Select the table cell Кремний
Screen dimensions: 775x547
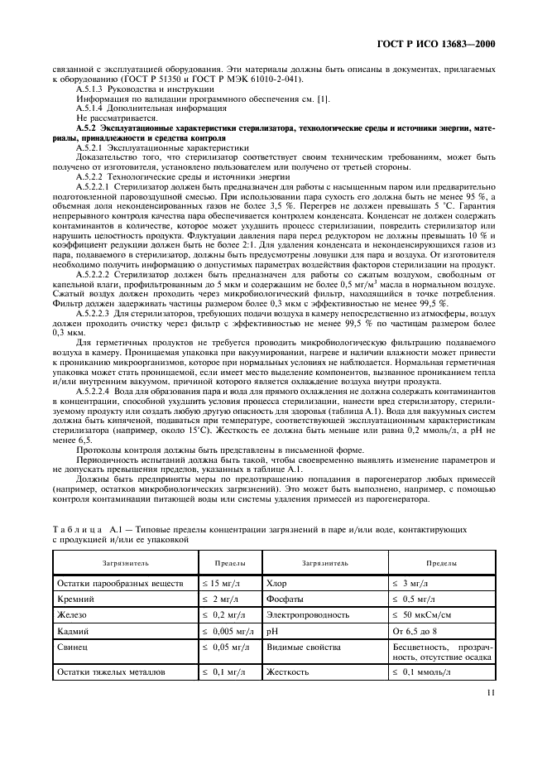[75, 599]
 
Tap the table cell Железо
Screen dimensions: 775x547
[72, 614]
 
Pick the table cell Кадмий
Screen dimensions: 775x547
[73, 630]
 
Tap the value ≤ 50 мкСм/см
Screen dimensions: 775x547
[428, 614]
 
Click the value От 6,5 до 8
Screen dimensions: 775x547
[418, 630]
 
